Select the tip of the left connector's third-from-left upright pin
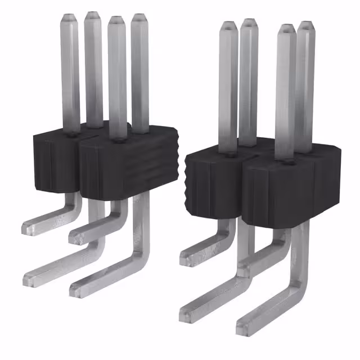[116, 20]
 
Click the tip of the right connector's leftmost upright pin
[228, 25]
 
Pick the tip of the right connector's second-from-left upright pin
[248, 23]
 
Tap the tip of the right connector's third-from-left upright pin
[286, 29]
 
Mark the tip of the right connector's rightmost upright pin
[305, 25]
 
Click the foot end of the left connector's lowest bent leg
[76, 289]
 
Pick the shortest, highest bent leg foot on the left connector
[28, 227]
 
